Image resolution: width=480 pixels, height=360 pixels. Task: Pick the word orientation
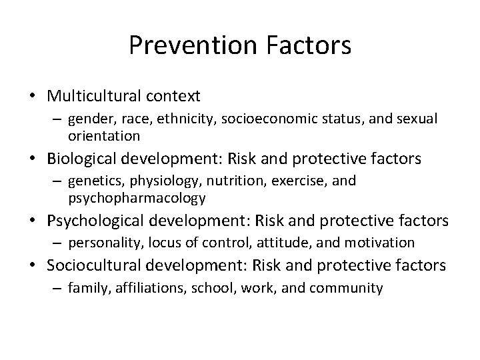(x=104, y=136)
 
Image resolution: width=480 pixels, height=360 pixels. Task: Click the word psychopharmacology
(x=137, y=198)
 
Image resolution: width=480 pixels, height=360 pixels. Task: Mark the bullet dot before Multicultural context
(x=33, y=97)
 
